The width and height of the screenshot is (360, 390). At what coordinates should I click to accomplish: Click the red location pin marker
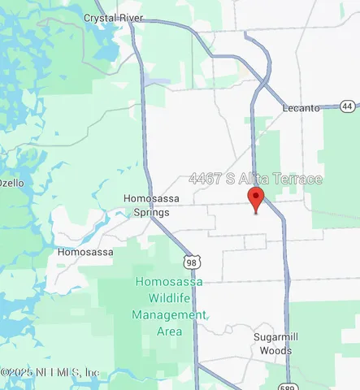[256, 198]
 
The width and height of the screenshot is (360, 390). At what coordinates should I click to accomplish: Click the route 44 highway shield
[349, 106]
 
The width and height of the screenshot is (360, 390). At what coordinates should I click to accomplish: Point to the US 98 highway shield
[191, 262]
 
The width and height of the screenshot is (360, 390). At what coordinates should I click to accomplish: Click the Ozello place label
[11, 182]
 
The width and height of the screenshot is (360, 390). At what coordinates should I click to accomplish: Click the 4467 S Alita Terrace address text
[256, 179]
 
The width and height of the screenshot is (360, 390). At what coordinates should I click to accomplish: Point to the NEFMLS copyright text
[50, 372]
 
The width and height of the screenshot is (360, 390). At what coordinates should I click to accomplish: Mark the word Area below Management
[169, 331]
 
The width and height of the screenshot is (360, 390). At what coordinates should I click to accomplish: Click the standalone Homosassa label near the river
[89, 252]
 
